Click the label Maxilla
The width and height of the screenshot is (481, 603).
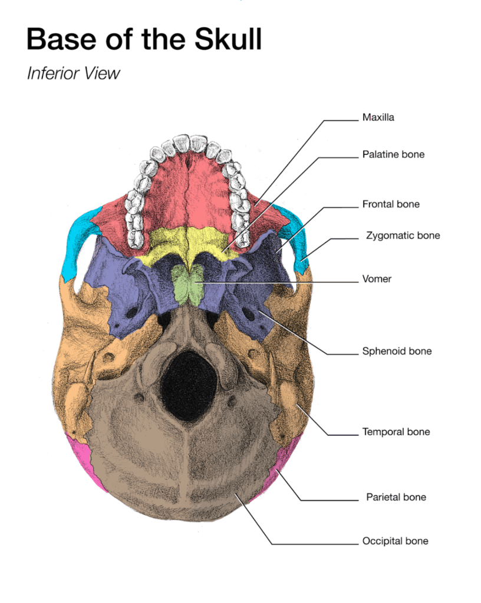coord(378,117)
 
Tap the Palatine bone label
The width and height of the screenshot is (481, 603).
coord(393,155)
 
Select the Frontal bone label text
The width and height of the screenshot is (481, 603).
coord(391,204)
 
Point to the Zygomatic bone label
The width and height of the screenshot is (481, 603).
coord(403,236)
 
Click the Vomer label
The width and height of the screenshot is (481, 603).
coord(377,279)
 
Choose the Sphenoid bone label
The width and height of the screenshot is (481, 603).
coord(397,352)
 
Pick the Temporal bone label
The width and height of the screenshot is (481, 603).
coord(396,432)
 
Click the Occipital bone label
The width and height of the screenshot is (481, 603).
coord(395,541)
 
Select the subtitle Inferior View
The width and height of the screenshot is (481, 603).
coord(73,74)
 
